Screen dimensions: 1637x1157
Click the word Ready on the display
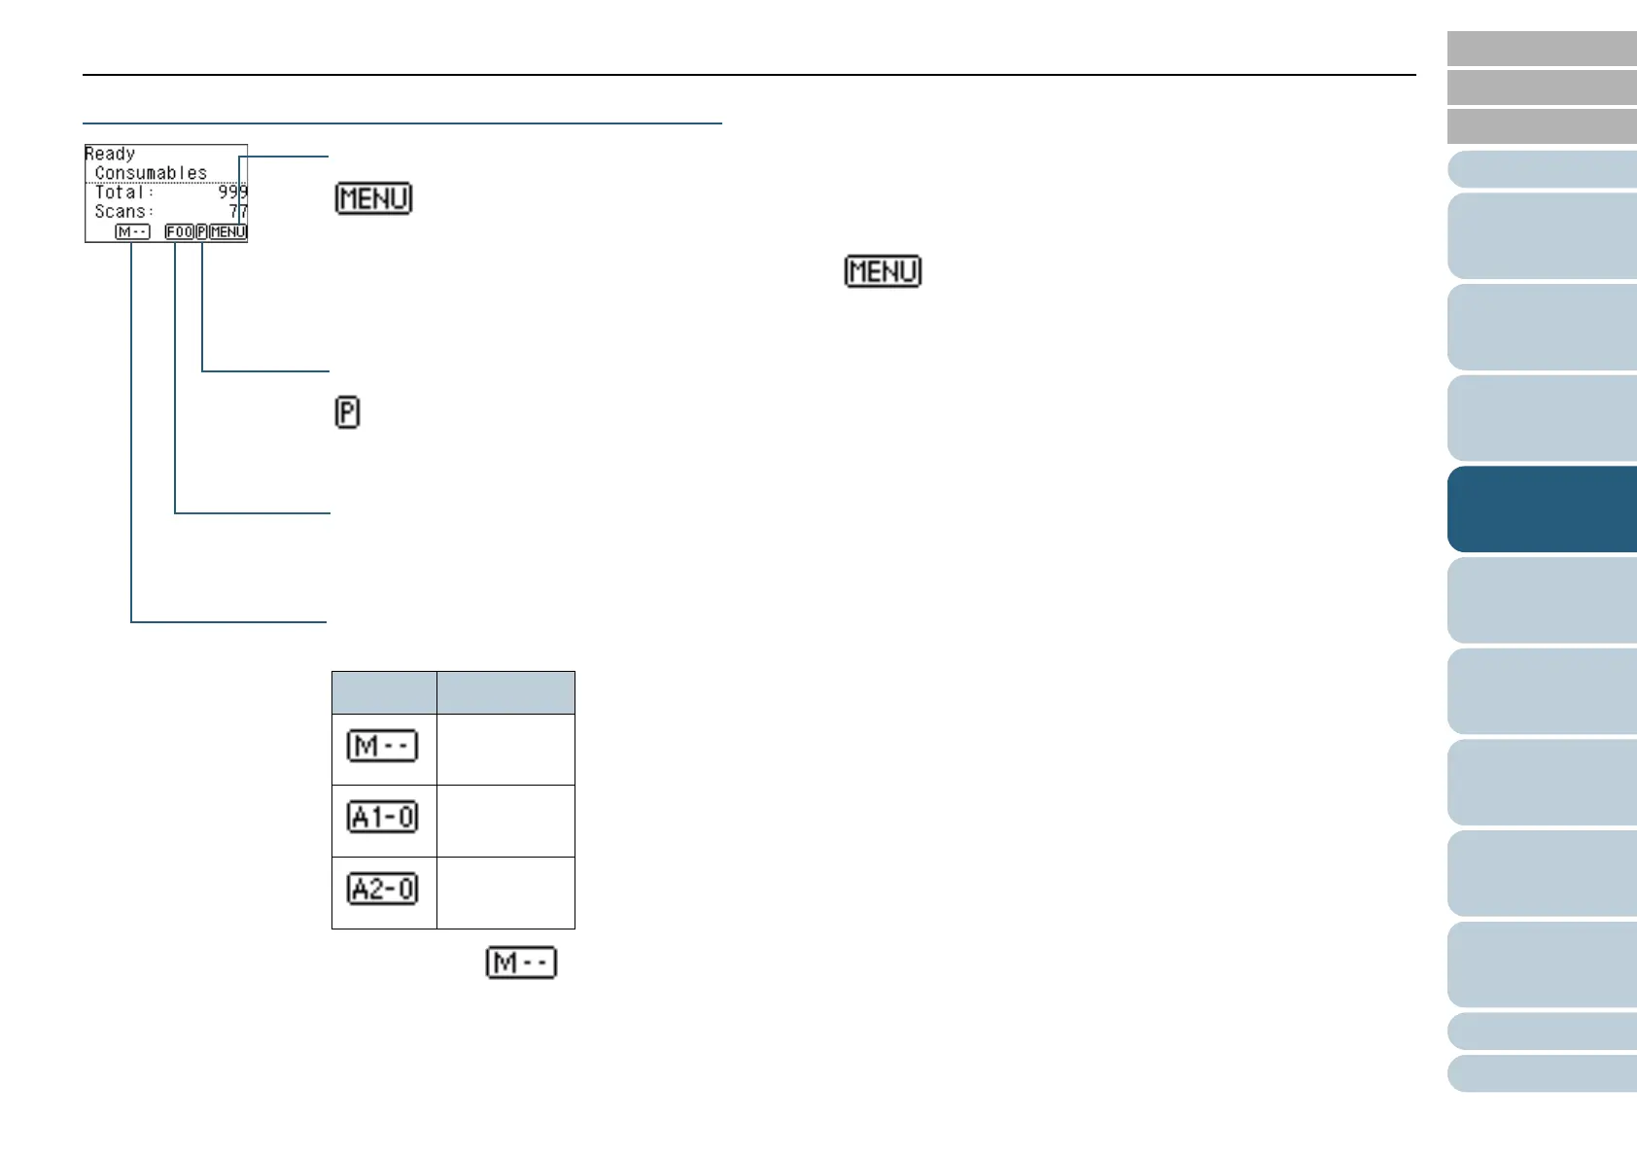point(110,154)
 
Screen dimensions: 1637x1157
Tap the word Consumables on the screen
point(151,173)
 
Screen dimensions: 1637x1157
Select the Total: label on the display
point(123,193)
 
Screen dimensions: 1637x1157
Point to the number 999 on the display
point(232,193)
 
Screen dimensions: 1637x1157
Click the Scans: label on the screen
point(123,212)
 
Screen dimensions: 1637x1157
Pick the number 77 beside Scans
point(238,212)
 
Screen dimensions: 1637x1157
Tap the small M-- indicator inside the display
point(132,232)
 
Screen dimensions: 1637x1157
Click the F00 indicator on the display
point(179,232)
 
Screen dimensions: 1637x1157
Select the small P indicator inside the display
point(201,232)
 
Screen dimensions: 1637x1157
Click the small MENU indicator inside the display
point(228,232)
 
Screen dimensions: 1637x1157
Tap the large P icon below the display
point(347,412)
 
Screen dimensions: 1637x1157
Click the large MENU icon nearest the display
point(373,198)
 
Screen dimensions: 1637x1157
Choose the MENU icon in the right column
point(883,271)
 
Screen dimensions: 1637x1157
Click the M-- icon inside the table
point(383,747)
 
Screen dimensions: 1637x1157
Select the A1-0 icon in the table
point(383,818)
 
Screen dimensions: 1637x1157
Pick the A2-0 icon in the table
point(383,890)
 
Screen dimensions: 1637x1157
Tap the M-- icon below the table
point(521,964)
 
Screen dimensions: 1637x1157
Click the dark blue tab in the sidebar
point(1542,509)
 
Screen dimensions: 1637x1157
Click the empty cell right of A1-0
point(505,821)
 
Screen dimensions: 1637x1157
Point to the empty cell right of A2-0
point(505,893)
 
